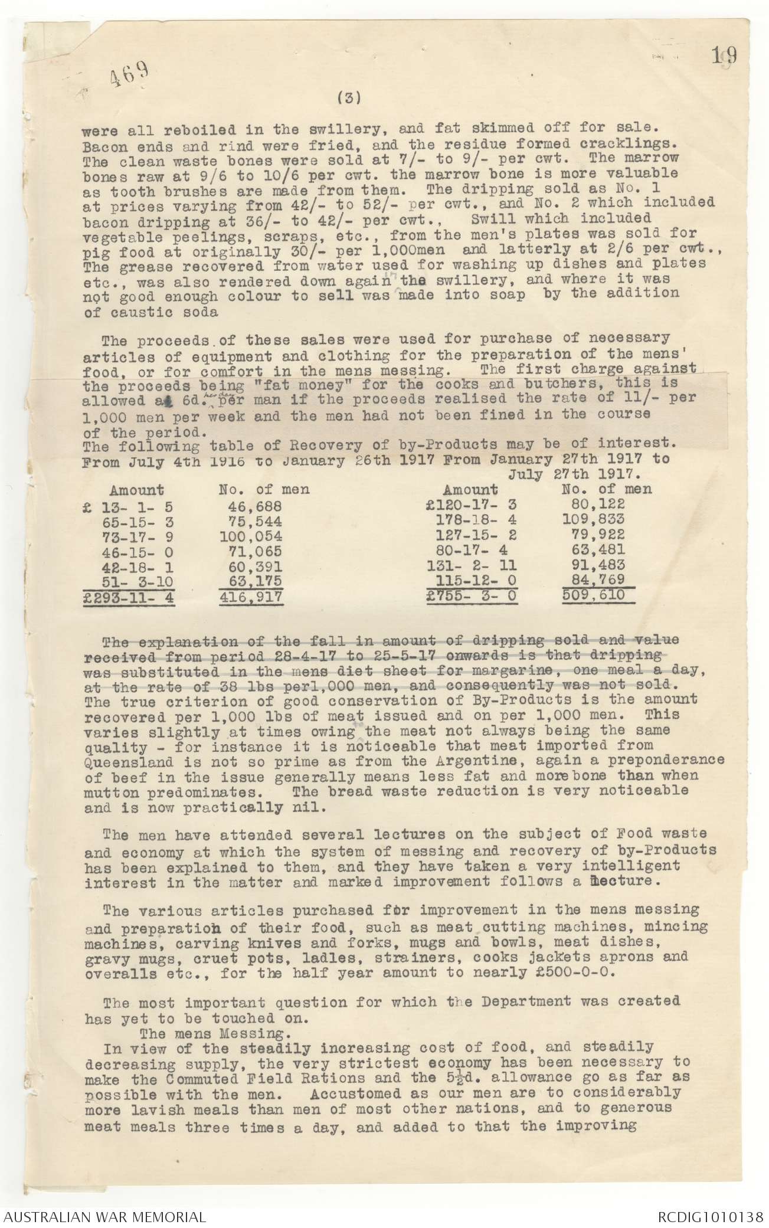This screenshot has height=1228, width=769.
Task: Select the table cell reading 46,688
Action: pyautogui.click(x=255, y=506)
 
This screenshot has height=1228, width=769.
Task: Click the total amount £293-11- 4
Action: pyautogui.click(x=130, y=597)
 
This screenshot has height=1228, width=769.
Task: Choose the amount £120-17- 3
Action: pyautogui.click(x=475, y=505)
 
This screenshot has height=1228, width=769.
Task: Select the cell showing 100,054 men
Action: pyautogui.click(x=250, y=536)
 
